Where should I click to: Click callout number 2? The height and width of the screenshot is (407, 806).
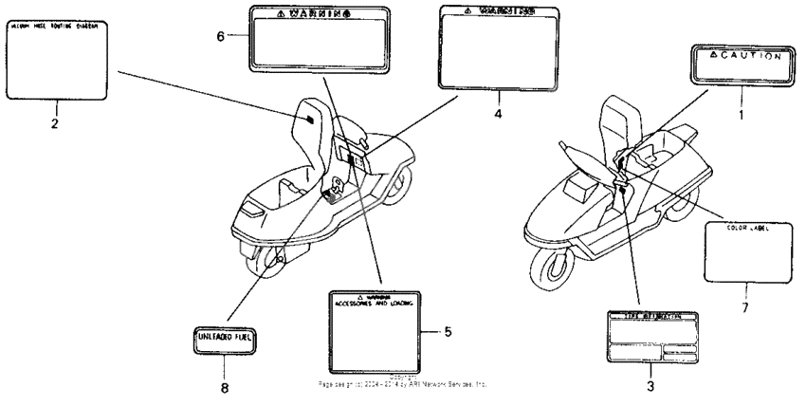tap(55, 123)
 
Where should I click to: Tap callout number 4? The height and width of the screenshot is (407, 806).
tap(499, 111)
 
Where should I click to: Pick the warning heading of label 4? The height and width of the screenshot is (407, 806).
tap(499, 12)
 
